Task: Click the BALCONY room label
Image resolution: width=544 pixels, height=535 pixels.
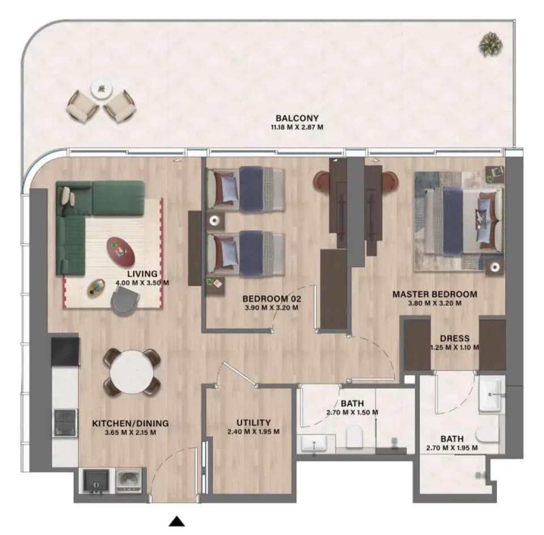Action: click(x=297, y=118)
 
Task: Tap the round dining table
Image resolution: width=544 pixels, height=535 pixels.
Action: click(x=132, y=372)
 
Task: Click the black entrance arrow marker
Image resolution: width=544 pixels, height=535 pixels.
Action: click(x=177, y=521)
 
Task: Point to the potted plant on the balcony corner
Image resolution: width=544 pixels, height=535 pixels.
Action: click(x=491, y=44)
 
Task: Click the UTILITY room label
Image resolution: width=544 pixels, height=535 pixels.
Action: click(x=253, y=423)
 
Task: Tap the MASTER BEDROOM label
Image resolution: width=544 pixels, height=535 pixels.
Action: click(x=435, y=294)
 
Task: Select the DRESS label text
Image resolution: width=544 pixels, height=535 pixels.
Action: click(x=454, y=338)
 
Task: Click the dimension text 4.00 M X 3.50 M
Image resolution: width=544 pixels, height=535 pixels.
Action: click(x=142, y=283)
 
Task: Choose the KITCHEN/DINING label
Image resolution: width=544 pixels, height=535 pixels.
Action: click(x=130, y=423)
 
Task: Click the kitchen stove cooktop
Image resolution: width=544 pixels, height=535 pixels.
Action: click(x=65, y=422)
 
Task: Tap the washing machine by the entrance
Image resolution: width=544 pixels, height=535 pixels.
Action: click(x=129, y=480)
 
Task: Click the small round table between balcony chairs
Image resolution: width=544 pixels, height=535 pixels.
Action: click(x=101, y=89)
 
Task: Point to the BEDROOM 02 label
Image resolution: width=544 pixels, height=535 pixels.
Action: click(x=271, y=299)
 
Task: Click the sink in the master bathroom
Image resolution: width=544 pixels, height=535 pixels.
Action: click(x=490, y=395)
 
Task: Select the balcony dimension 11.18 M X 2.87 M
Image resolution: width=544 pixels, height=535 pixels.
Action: click(x=297, y=128)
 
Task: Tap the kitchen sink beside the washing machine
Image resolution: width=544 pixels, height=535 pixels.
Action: click(x=96, y=481)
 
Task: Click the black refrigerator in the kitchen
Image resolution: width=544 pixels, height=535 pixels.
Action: click(x=65, y=351)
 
